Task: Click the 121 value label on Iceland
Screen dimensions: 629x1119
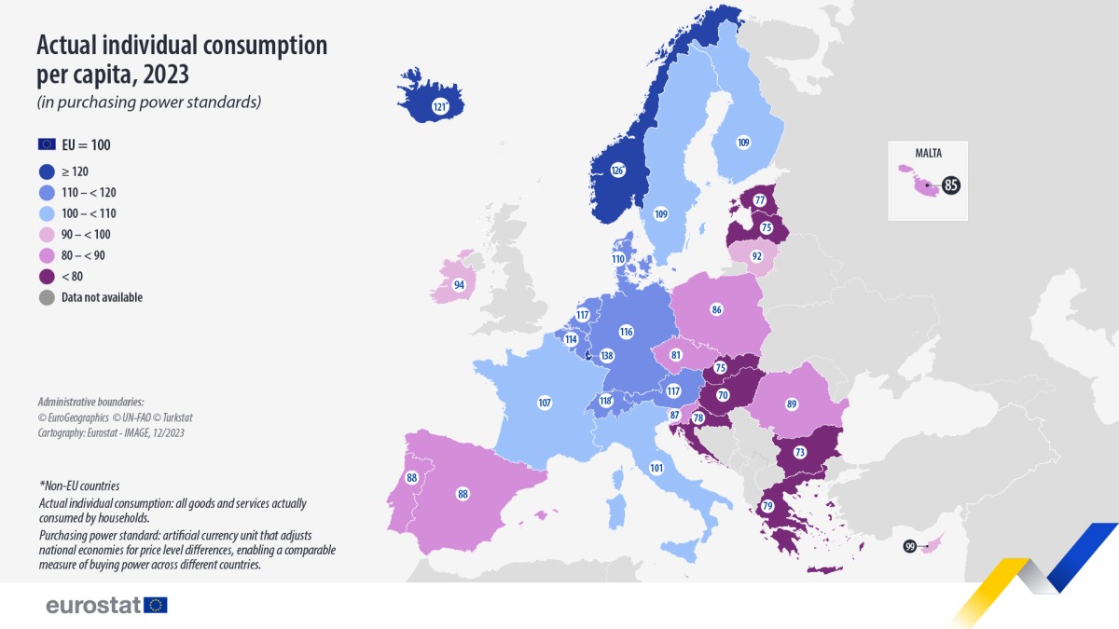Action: (439, 108)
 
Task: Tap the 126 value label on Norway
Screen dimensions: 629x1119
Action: (616, 171)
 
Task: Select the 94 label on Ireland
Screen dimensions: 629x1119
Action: (459, 284)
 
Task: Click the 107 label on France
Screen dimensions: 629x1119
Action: (545, 403)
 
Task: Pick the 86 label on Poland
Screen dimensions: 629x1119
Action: (716, 308)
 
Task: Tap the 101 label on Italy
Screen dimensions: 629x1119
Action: (656, 468)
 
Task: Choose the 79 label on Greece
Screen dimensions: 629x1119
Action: (768, 506)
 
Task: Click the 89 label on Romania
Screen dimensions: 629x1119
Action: (791, 404)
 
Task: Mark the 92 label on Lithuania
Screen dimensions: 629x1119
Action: (756, 254)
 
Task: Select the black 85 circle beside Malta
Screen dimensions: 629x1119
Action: (950, 185)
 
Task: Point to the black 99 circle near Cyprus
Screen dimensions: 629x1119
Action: (909, 547)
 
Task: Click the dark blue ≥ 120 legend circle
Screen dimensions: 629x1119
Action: (47, 171)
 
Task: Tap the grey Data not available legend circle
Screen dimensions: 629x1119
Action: (47, 297)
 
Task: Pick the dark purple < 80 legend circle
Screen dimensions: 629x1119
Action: (47, 277)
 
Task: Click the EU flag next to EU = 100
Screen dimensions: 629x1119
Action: (47, 144)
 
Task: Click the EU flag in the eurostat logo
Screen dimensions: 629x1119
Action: (156, 605)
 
